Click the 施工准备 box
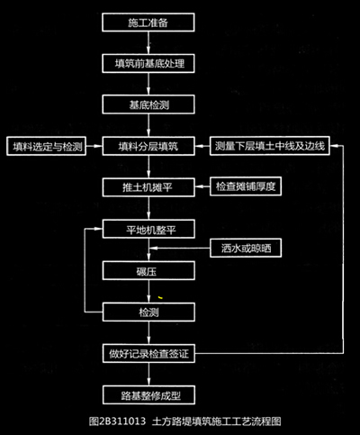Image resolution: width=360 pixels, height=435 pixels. [x=148, y=23]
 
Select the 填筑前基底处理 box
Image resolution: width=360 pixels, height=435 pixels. [x=148, y=63]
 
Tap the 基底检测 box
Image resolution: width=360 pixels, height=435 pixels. [x=148, y=104]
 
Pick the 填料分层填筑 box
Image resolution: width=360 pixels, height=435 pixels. [x=148, y=146]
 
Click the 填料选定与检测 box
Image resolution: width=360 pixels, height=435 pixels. [x=47, y=147]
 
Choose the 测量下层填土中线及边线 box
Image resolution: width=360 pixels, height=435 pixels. [x=270, y=146]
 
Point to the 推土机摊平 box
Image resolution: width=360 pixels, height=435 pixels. [x=148, y=187]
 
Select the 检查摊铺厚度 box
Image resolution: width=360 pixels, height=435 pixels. [x=246, y=186]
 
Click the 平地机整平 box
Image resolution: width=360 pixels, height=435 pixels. [x=148, y=229]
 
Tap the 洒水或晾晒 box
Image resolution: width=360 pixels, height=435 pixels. [x=246, y=248]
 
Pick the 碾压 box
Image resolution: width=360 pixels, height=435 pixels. [x=148, y=271]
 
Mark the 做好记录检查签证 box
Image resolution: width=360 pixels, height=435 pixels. [x=148, y=353]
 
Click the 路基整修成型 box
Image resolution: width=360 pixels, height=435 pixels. [x=148, y=395]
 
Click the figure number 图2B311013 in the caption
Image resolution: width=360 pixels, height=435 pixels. [x=117, y=421]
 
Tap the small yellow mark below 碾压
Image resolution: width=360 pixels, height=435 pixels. [x=160, y=297]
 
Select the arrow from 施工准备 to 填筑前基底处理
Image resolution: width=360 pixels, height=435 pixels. [x=148, y=42]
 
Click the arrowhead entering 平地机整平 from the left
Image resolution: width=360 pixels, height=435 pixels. [x=99, y=229]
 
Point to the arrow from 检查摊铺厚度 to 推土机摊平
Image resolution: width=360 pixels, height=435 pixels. [x=202, y=186]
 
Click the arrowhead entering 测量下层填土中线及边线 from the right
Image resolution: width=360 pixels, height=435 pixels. [x=334, y=146]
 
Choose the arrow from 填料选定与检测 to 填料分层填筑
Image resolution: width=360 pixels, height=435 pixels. [x=94, y=146]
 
